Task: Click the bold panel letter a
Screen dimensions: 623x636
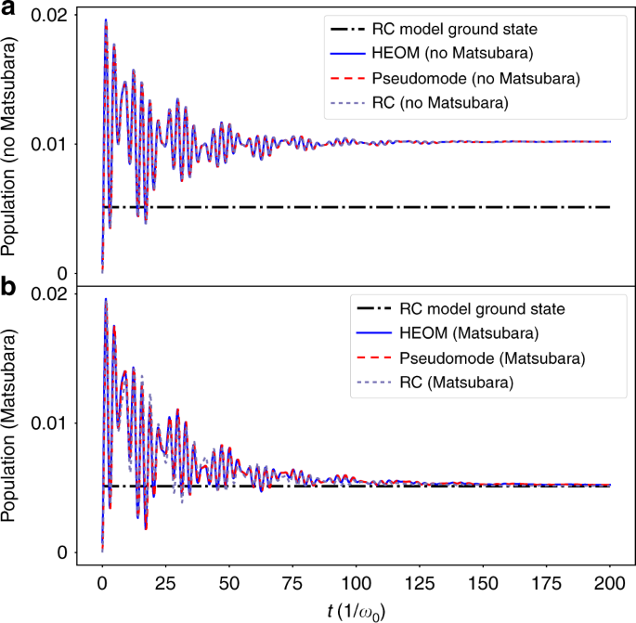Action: [9, 9]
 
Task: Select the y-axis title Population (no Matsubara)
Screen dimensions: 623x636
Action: [13, 147]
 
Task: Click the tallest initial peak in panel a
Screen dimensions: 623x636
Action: [106, 19]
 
